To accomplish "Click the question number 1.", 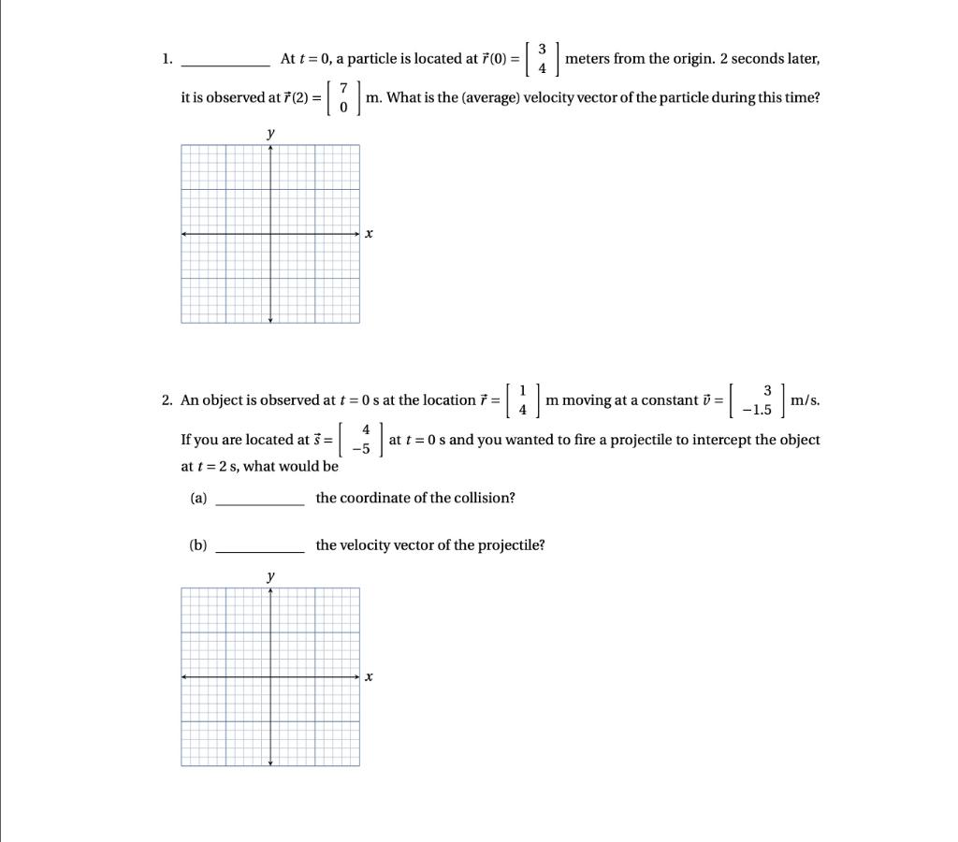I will click(166, 59).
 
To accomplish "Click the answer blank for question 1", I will click(225, 63).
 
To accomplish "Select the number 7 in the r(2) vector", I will click(343, 87).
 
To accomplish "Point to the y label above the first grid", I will click(270, 134).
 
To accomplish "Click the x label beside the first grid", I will click(369, 234).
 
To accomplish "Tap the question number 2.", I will click(167, 400).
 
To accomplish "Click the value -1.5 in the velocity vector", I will click(756, 411).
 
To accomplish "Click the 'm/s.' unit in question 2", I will click(805, 400).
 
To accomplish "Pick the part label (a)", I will click(198, 498).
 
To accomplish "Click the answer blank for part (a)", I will click(259, 502).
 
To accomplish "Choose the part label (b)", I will click(198, 544).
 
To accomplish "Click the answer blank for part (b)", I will click(259, 550).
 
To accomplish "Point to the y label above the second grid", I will click(270, 576).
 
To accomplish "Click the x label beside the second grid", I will click(369, 676).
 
